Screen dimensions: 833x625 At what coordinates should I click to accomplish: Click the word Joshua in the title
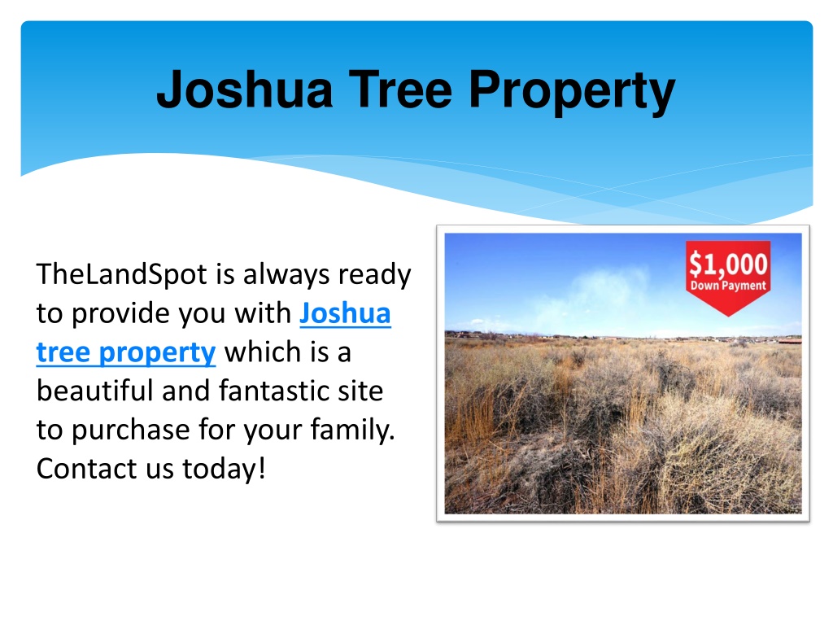click(245, 89)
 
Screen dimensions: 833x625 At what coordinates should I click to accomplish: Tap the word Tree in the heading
click(400, 89)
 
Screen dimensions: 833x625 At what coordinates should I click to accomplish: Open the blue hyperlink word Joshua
click(345, 313)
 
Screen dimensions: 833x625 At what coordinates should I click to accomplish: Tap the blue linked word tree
click(63, 352)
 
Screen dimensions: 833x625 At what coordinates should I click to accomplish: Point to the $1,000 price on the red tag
click(728, 264)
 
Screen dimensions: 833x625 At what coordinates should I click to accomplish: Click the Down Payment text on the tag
click(728, 286)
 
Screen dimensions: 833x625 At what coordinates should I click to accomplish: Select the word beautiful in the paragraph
click(94, 391)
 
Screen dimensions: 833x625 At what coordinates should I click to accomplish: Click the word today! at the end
click(224, 469)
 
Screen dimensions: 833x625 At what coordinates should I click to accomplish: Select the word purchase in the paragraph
click(131, 431)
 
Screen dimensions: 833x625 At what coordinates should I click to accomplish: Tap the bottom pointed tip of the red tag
click(728, 317)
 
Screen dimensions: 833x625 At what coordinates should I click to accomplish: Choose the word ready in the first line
click(374, 274)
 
